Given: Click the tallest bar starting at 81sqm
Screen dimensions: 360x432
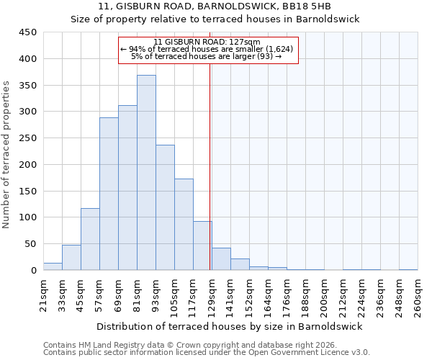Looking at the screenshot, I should pos(146,173).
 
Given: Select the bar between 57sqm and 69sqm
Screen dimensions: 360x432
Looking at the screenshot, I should pos(109,194).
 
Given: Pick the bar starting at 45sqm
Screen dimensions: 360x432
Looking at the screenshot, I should pos(90,239).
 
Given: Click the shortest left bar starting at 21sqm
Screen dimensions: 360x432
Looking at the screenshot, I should pos(53,266).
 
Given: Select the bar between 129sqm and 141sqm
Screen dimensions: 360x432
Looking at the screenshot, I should pos(221,259).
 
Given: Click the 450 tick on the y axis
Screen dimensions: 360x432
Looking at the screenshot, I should pos(28,32).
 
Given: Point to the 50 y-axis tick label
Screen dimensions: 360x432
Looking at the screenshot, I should pos(31,244).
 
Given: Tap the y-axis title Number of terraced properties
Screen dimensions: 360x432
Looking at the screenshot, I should pos(7,154).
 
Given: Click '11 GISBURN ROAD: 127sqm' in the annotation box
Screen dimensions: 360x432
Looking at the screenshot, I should pos(207,42).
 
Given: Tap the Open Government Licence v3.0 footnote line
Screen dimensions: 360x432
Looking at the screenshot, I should pos(207,353).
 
